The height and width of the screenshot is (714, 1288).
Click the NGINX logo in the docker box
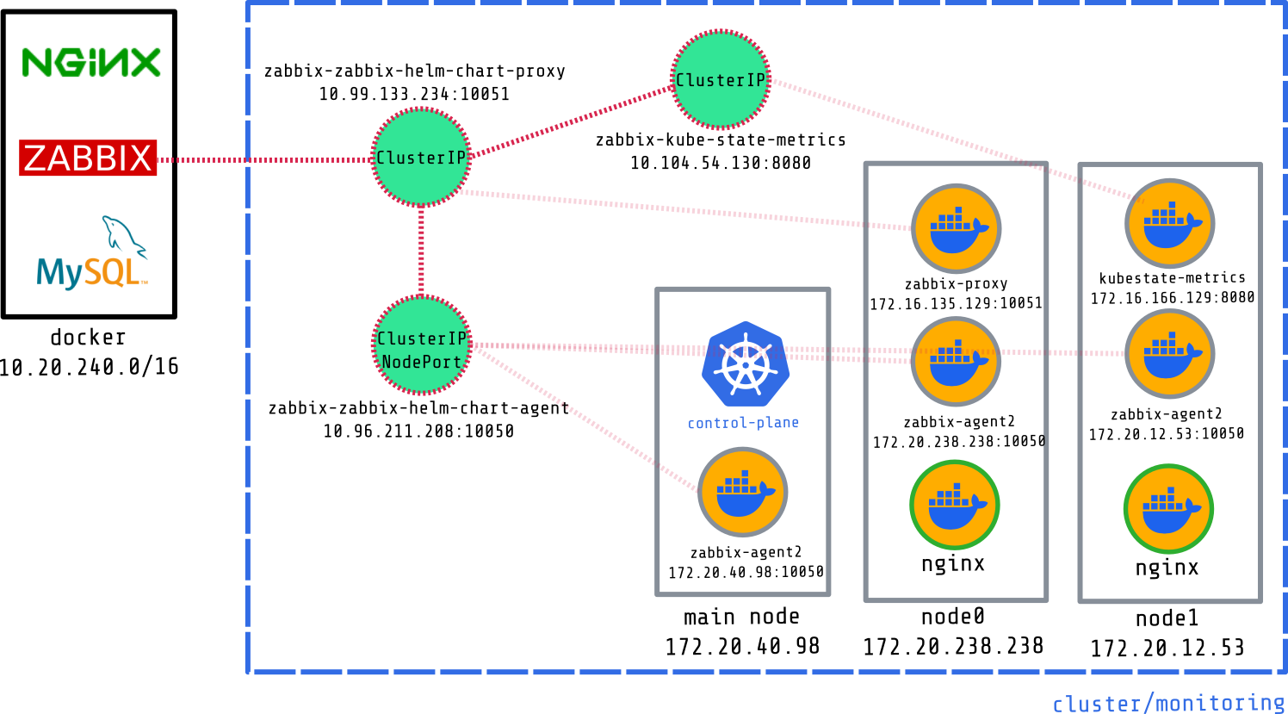[x=90, y=62]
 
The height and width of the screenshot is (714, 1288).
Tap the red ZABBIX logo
[x=88, y=158]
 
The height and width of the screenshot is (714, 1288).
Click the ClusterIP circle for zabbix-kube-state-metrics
[x=720, y=80]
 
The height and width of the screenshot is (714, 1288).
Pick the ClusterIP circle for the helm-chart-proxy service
[x=421, y=158]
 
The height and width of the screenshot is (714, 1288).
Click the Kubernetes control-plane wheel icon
[x=745, y=364]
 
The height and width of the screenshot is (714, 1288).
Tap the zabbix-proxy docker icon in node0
[x=956, y=229]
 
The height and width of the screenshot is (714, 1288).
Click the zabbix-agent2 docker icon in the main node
[x=742, y=492]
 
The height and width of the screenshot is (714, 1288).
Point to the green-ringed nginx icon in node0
[x=954, y=505]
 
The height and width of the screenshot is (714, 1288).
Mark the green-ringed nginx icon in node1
[x=1168, y=508]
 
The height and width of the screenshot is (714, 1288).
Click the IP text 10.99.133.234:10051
[x=414, y=94]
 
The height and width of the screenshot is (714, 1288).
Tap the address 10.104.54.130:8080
[x=720, y=163]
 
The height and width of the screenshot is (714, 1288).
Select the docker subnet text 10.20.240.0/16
[x=89, y=367]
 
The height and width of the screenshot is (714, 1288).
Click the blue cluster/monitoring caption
[x=1167, y=704]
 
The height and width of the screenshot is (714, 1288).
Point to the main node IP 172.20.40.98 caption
[x=742, y=646]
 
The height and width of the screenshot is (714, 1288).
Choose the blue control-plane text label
[x=743, y=423]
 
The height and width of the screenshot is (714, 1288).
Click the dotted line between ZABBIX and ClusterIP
[x=267, y=159]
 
